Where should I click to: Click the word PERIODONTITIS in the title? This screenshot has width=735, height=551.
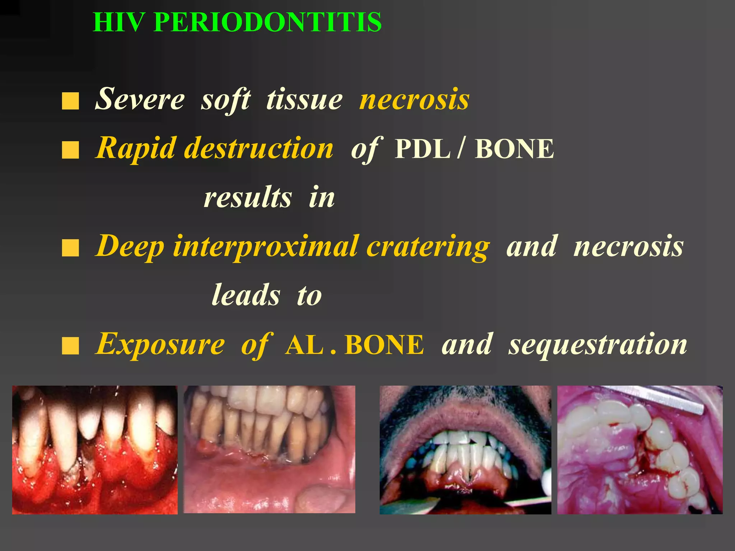click(x=268, y=22)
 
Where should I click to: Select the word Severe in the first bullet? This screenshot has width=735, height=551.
click(x=140, y=99)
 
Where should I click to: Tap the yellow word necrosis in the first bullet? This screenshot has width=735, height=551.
click(x=415, y=99)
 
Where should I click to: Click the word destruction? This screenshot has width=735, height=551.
click(x=259, y=149)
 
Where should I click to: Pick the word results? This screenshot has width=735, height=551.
click(x=248, y=198)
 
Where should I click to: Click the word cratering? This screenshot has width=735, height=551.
click(x=428, y=247)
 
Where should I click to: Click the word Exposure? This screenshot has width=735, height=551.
click(x=160, y=344)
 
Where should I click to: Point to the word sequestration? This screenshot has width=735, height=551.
click(x=598, y=344)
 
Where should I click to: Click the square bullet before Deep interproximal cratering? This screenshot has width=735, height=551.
click(x=70, y=248)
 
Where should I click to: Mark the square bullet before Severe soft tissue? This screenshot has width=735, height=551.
click(x=70, y=101)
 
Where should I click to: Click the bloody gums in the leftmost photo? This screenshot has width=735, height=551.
click(x=118, y=477)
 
